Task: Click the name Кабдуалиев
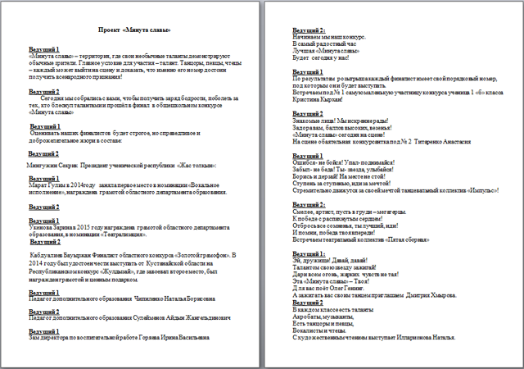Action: (x=50, y=256)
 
